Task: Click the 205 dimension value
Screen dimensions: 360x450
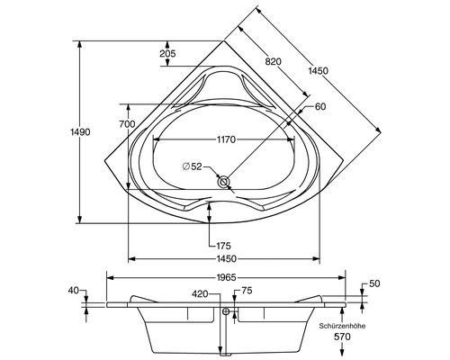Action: [166, 54]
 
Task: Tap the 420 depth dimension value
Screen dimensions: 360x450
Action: [200, 293]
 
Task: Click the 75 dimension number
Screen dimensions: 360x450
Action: [247, 291]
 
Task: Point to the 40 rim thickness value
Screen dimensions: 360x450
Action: [74, 291]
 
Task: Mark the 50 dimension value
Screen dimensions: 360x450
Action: [373, 284]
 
